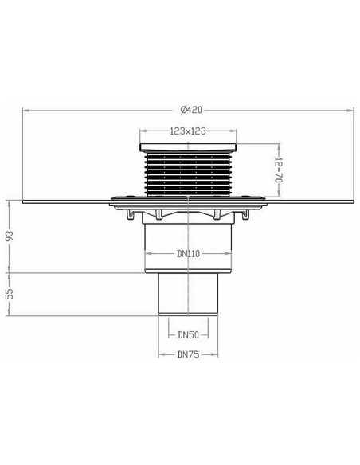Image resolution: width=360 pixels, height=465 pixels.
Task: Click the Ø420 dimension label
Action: tap(191, 110)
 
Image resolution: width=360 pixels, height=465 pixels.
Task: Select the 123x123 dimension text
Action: tap(188, 131)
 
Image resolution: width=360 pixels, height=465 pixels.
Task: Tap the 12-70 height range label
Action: tap(279, 170)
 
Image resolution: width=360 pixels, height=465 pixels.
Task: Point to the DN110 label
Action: tap(188, 253)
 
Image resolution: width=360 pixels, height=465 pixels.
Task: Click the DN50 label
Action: tap(188, 335)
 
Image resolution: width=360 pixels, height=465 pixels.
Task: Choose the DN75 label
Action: tap(188, 354)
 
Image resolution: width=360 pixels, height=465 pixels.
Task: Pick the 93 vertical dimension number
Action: tap(10, 236)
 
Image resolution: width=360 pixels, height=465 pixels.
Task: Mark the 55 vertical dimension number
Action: tap(10, 294)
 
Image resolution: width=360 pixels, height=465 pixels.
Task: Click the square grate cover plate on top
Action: tap(188, 147)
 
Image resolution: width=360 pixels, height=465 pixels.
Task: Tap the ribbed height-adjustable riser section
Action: tap(188, 174)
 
